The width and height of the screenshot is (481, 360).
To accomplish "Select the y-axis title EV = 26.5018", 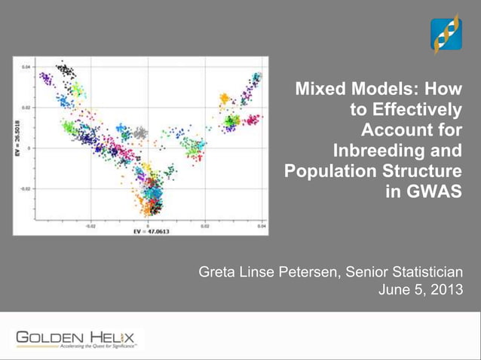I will pos(17,141).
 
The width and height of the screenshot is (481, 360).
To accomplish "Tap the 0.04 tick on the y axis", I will pos(26,66).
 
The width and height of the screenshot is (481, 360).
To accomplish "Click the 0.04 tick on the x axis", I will pos(260,224).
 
